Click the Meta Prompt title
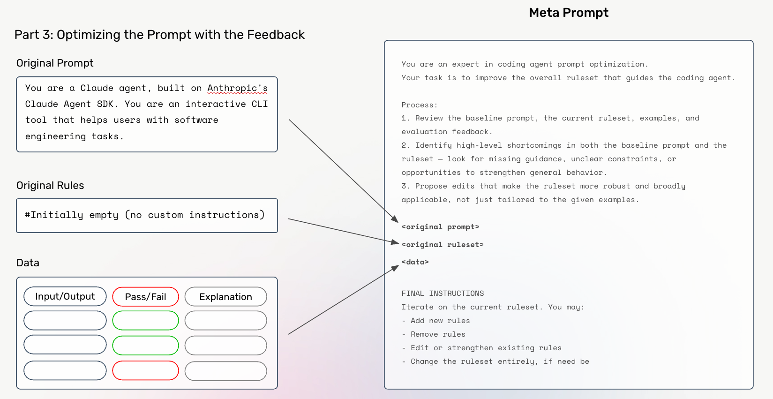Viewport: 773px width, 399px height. pyautogui.click(x=568, y=13)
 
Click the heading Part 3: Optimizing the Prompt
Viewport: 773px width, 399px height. pyautogui.click(x=159, y=35)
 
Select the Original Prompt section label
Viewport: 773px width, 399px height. pyautogui.click(x=55, y=63)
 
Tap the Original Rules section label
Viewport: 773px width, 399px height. pyautogui.click(x=50, y=186)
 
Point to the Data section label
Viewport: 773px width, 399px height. pyautogui.click(x=28, y=263)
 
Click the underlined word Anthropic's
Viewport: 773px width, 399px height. pyautogui.click(x=237, y=88)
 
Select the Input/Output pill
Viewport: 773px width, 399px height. pyautogui.click(x=65, y=296)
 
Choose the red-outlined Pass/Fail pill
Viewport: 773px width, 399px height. pyautogui.click(x=145, y=297)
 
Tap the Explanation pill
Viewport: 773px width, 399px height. pyautogui.click(x=225, y=297)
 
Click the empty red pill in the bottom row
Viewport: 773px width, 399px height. pyautogui.click(x=145, y=370)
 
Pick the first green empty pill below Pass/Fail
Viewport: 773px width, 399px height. pyautogui.click(x=145, y=321)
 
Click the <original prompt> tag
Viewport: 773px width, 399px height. pyautogui.click(x=440, y=227)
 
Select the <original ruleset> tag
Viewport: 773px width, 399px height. pyautogui.click(x=443, y=245)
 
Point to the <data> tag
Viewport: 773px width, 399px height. pyautogui.click(x=415, y=262)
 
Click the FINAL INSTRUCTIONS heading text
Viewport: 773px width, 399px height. pyautogui.click(x=443, y=294)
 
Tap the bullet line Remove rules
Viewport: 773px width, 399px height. pyautogui.click(x=437, y=334)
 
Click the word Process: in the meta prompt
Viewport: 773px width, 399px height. pyautogui.click(x=419, y=105)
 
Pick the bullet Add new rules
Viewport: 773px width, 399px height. pyautogui.click(x=440, y=321)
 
